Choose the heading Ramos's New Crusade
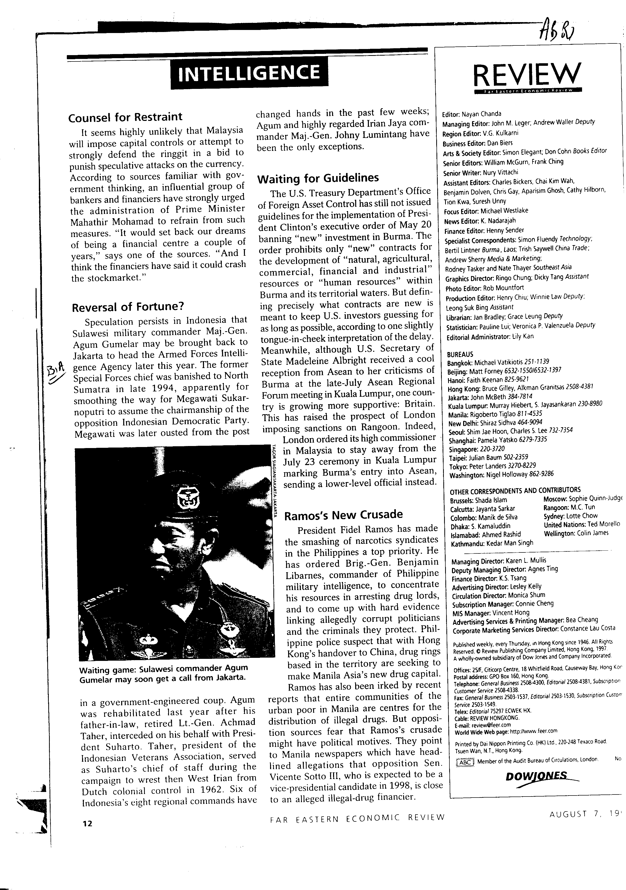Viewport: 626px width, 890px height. coord(343,515)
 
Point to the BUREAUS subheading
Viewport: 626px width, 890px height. coord(460,354)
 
